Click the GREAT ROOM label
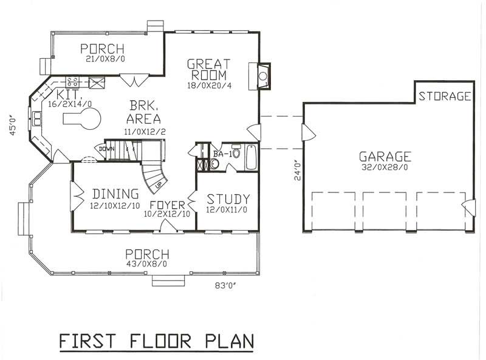(208, 69)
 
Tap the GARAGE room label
(385, 156)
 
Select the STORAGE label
(444, 96)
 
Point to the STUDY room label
(228, 199)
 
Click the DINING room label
(115, 194)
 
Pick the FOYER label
(168, 205)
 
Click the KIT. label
(69, 95)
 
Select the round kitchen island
(83, 121)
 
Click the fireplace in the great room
(262, 76)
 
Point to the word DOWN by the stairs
(106, 149)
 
